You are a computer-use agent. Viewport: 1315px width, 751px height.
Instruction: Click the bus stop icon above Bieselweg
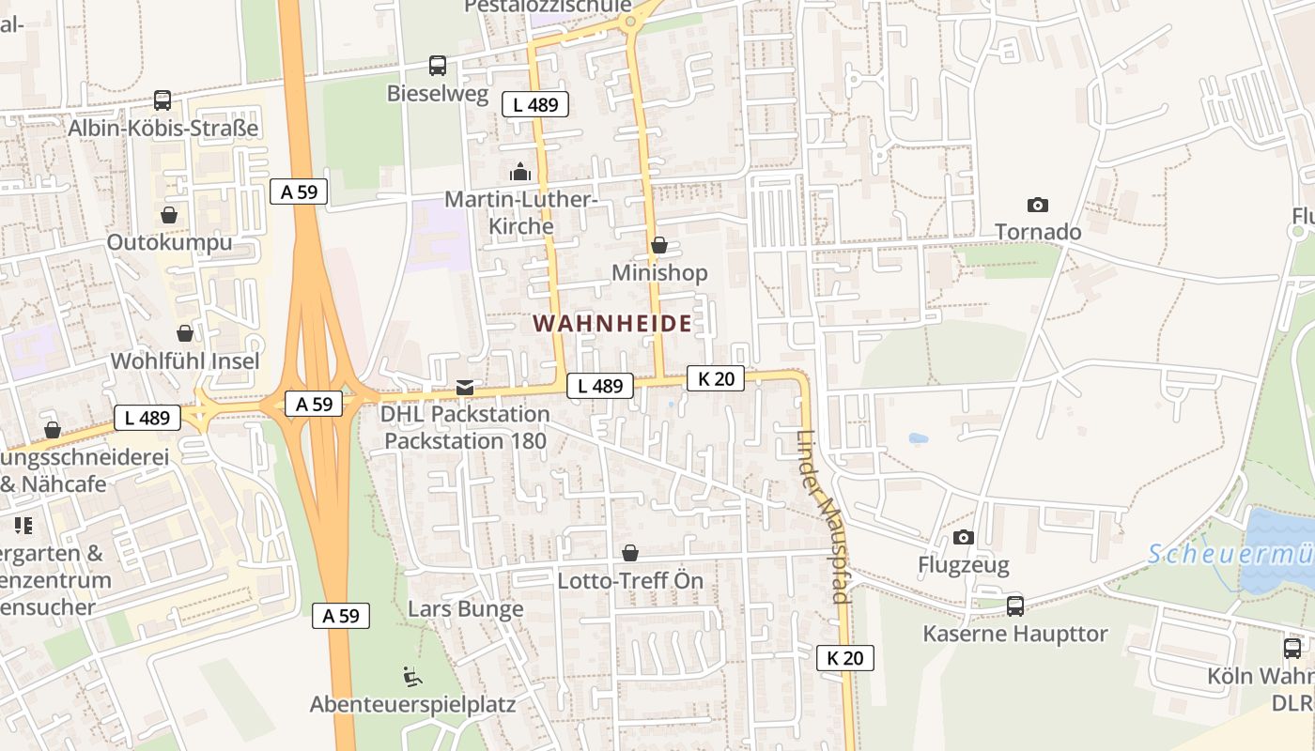(438, 66)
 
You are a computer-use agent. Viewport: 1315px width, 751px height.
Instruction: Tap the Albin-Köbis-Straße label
(162, 128)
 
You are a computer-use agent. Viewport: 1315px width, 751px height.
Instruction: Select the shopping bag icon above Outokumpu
(169, 215)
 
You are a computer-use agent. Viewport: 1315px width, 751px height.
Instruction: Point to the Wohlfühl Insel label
(185, 360)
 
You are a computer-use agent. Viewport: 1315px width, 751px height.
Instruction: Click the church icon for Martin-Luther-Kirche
(519, 172)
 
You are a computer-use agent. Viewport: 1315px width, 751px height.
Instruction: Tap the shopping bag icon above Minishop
(659, 245)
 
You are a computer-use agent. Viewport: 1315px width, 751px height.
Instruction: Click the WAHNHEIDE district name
(612, 324)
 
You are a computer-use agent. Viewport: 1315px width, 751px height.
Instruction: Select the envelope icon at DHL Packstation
(465, 388)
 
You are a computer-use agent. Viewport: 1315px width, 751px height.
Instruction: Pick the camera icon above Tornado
(1038, 205)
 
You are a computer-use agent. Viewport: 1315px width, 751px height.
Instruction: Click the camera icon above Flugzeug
(964, 538)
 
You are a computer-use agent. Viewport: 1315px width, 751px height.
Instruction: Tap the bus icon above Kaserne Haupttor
(1015, 605)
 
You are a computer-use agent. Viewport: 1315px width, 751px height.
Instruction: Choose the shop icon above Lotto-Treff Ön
(630, 554)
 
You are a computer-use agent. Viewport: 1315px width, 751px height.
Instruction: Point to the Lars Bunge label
(466, 608)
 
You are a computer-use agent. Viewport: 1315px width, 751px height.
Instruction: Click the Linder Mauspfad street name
(823, 516)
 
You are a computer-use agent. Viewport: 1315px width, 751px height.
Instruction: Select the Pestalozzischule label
(549, 7)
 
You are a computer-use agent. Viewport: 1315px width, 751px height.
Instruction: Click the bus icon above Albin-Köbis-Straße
(162, 100)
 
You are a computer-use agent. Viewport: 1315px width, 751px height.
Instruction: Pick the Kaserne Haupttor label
(1015, 634)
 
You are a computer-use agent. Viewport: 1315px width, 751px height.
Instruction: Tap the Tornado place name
(1038, 232)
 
